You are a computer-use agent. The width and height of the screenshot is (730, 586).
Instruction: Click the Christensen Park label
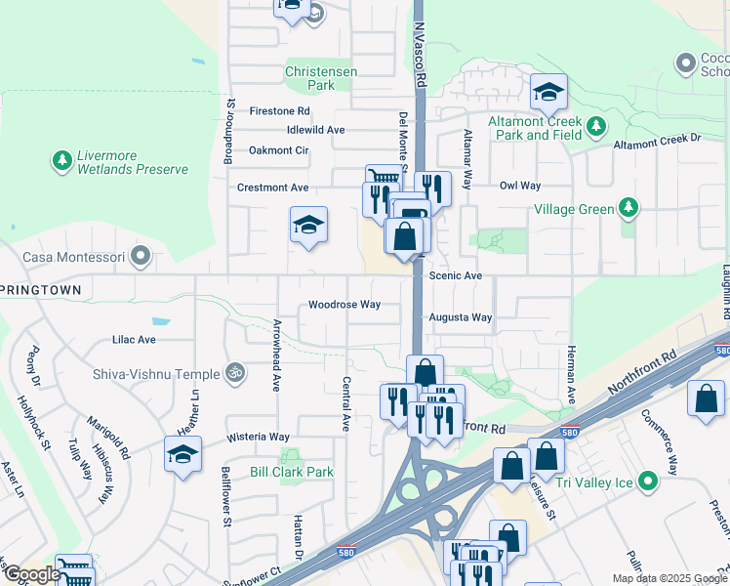(x=321, y=78)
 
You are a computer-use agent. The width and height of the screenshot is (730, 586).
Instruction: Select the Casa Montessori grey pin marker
(x=142, y=257)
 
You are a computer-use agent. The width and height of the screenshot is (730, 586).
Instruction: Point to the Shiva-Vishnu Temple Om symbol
(x=233, y=371)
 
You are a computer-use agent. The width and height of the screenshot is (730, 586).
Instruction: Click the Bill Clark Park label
(x=292, y=472)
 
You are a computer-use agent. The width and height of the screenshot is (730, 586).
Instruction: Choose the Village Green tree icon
(x=629, y=208)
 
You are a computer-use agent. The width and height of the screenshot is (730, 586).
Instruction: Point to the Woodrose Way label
(x=345, y=305)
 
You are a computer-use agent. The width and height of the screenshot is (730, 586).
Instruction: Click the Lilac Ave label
(x=134, y=340)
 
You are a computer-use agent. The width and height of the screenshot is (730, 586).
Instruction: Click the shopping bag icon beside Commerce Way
(x=706, y=399)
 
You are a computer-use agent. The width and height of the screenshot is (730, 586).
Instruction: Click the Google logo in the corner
(x=32, y=574)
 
